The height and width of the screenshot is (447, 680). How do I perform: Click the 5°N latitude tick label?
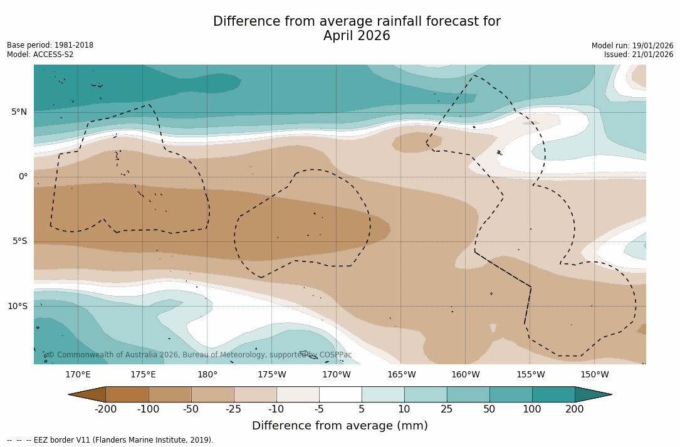(19, 112)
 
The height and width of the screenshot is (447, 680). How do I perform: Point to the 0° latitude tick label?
(23, 177)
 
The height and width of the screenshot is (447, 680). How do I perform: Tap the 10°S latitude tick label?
(17, 307)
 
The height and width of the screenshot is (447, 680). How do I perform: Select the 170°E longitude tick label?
(78, 375)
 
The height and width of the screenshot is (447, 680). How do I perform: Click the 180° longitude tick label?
(207, 375)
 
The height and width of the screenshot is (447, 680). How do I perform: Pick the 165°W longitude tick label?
(401, 375)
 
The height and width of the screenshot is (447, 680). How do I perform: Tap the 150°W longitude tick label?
(595, 375)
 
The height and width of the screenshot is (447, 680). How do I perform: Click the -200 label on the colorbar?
(105, 409)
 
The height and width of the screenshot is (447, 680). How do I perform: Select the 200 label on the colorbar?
(575, 409)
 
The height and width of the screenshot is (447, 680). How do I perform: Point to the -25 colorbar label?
(234, 409)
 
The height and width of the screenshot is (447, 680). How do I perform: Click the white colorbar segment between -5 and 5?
(340, 394)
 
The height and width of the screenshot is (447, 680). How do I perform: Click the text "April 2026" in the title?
(357, 36)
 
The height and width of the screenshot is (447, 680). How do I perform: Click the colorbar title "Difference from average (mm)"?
(340, 426)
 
